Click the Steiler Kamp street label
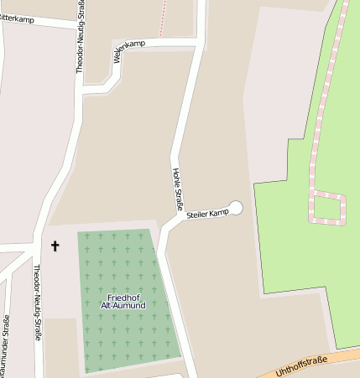(x=207, y=215)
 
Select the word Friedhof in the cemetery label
(x=124, y=298)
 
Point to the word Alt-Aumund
(x=124, y=306)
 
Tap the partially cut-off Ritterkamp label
(x=17, y=18)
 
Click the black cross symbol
(x=55, y=246)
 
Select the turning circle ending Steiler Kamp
(x=236, y=208)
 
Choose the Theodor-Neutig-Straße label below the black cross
(x=37, y=304)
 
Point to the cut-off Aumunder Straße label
(x=5, y=344)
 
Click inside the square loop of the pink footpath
(x=326, y=207)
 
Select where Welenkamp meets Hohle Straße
(x=198, y=39)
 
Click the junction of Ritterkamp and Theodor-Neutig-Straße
(x=81, y=26)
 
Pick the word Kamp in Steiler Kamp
(x=219, y=213)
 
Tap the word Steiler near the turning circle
(x=197, y=216)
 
